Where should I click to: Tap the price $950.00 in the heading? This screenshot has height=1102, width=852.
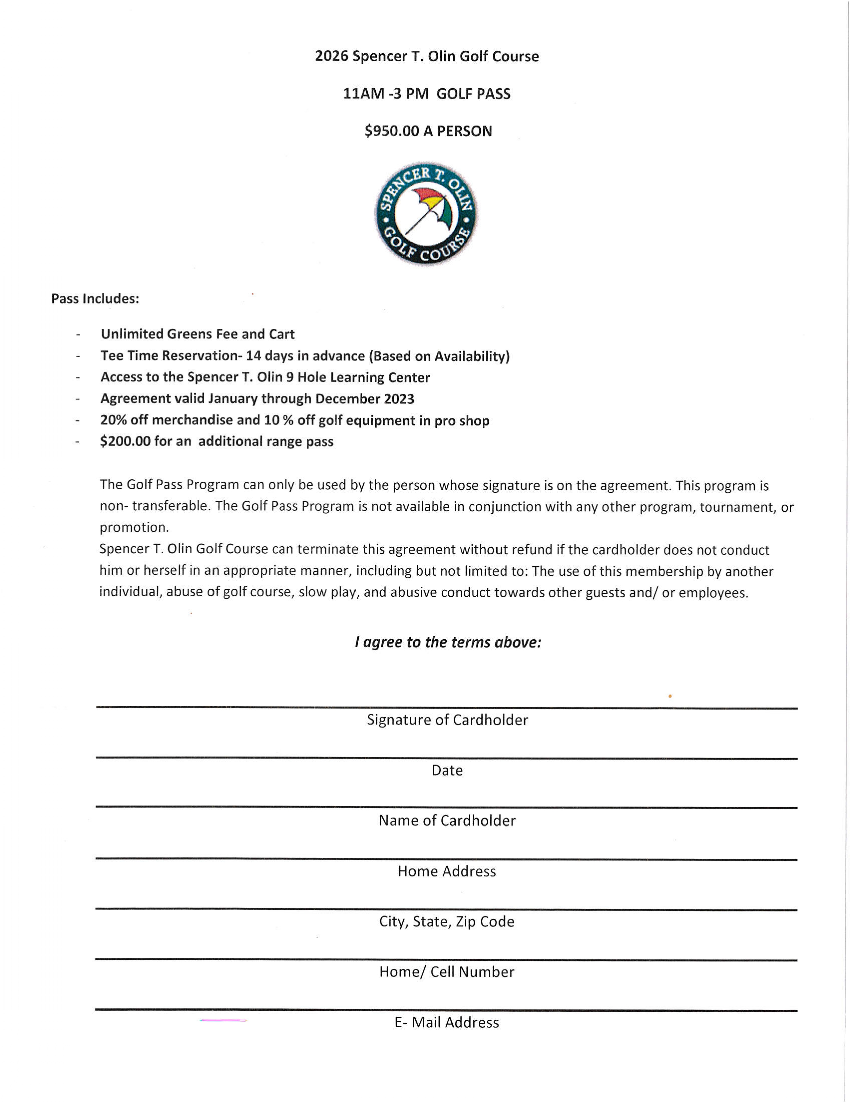(392, 131)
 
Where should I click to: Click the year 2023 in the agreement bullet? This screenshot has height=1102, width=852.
(398, 399)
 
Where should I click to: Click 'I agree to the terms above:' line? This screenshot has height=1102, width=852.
(448, 642)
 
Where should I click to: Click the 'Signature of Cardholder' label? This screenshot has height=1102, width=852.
(447, 720)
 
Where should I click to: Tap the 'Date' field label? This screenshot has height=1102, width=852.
(447, 770)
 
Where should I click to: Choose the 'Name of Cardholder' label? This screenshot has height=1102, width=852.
(447, 821)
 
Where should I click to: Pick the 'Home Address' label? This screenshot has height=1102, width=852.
(447, 871)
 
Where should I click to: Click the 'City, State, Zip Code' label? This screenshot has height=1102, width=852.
(447, 922)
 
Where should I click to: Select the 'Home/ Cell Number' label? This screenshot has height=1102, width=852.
(447, 972)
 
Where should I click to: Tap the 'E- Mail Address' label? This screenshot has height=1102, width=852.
(447, 1023)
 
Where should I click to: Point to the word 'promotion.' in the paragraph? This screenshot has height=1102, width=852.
(134, 527)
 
